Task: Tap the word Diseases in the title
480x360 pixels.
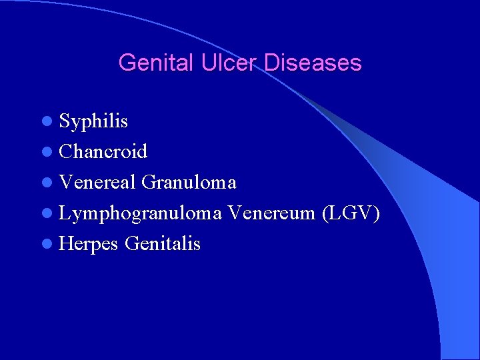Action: [313, 63]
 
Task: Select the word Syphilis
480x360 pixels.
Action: [93, 122]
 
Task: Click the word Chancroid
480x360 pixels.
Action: [103, 152]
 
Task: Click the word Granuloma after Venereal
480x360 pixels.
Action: [189, 182]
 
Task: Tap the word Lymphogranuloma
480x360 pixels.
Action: [141, 213]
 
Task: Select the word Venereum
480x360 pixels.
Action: [271, 213]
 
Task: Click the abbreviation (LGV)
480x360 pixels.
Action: [351, 213]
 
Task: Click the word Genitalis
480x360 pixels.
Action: [162, 244]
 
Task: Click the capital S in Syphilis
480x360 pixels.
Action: [65, 121]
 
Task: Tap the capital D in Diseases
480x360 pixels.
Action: [272, 63]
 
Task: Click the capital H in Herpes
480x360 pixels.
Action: [66, 243]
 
